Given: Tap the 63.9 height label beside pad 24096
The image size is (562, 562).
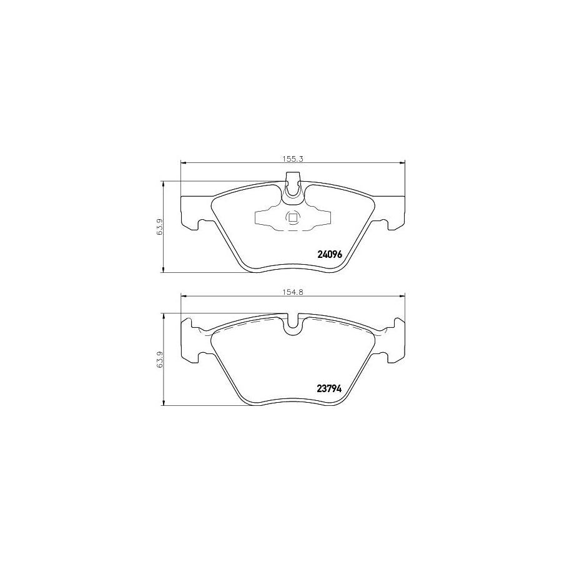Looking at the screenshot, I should point(160,227).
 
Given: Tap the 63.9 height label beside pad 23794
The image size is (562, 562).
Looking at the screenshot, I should point(160,360).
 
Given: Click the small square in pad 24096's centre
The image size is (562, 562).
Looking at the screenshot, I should point(292,218).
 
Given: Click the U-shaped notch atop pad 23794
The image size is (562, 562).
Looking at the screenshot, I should point(292,326).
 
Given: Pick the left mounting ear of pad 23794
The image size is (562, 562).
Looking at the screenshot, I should point(190,340).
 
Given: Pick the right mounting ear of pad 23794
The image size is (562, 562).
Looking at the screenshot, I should point(395,340).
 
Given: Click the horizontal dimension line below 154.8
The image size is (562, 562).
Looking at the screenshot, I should point(237,296).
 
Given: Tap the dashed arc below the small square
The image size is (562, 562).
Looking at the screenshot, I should point(292,229).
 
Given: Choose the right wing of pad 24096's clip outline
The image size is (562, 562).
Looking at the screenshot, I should point(322,217).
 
